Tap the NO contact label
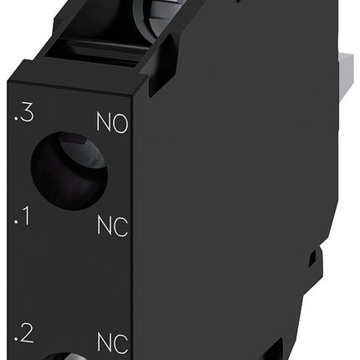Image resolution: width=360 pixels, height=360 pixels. point(112,127)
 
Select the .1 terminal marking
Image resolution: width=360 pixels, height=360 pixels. point(23,220)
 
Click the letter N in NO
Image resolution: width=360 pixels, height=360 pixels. point(105,127)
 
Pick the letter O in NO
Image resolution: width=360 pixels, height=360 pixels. point(121,127)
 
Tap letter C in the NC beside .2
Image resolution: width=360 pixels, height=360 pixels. point(121,342)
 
